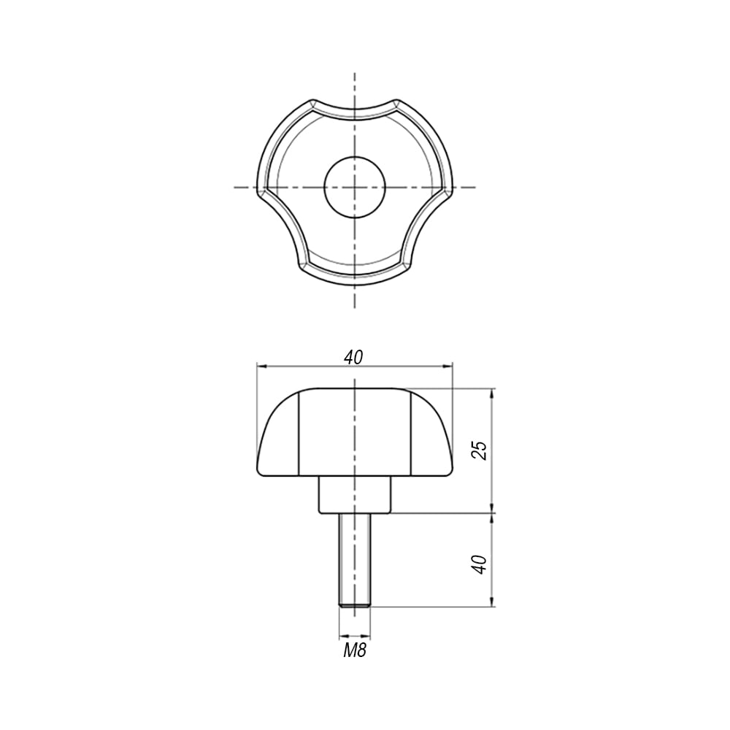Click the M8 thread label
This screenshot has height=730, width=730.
355,650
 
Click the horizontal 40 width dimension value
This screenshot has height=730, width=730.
353,357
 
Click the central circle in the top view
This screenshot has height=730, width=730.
356,187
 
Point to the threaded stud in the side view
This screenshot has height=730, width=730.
356,560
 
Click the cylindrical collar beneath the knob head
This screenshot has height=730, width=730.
356,495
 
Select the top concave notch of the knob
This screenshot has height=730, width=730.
355,112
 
